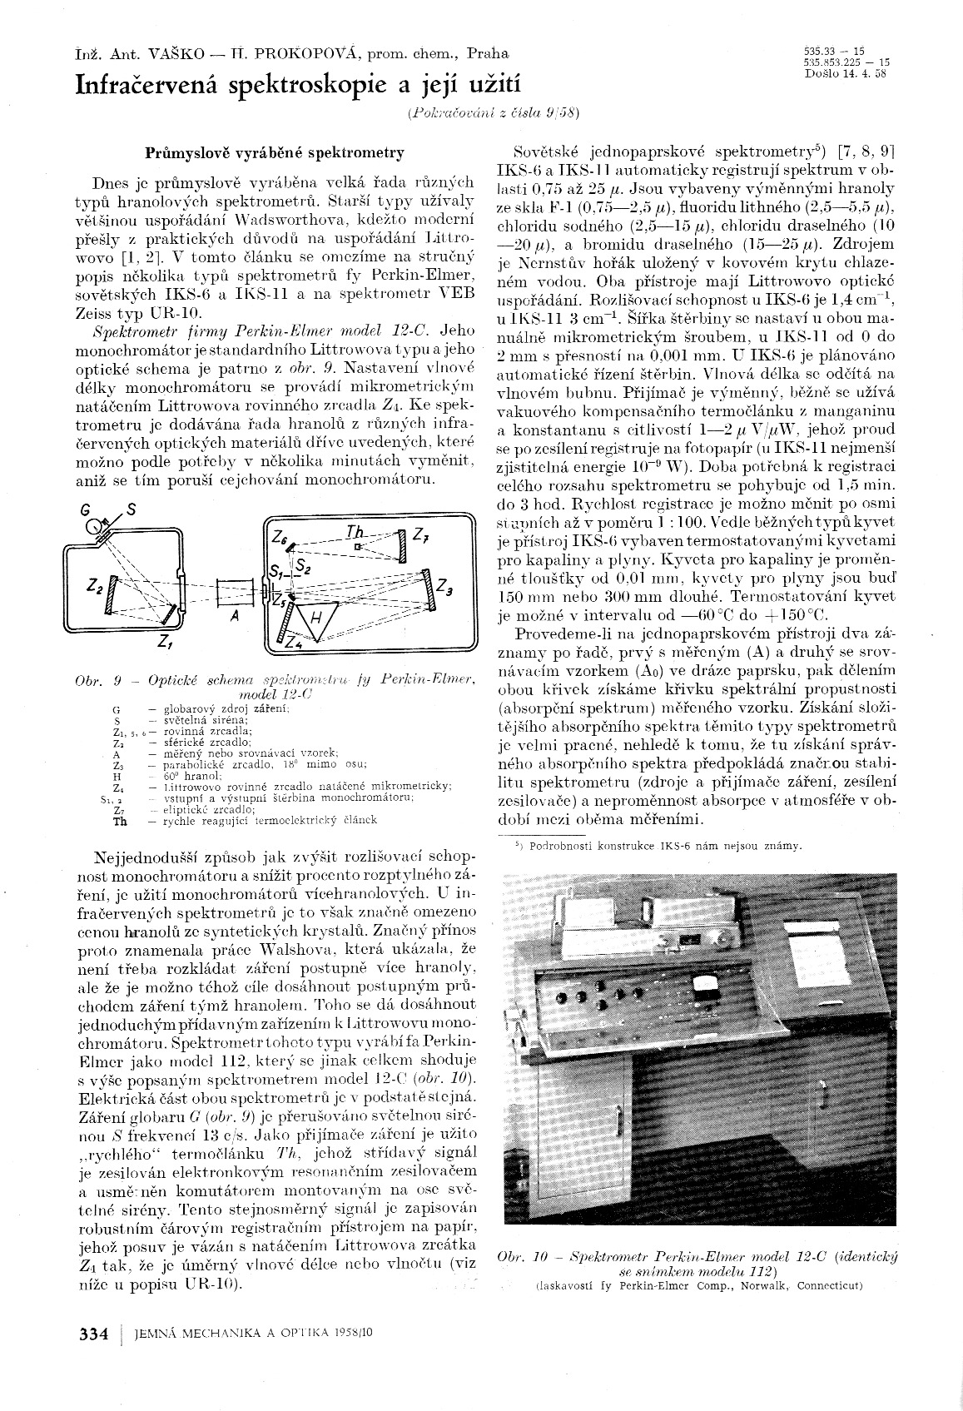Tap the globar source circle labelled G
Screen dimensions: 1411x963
(x=100, y=526)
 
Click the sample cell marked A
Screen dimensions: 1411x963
(x=233, y=594)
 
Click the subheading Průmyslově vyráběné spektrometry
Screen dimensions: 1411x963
(x=275, y=152)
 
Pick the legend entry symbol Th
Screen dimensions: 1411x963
(x=119, y=819)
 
